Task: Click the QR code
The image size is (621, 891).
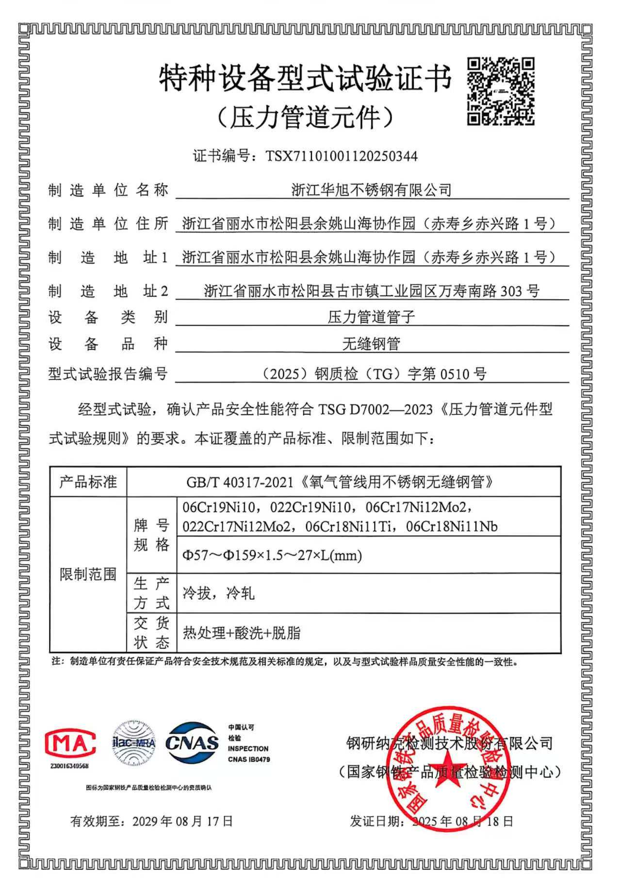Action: (x=501, y=91)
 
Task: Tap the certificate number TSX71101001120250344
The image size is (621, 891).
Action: (x=341, y=156)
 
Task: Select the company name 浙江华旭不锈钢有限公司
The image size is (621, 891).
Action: (x=371, y=190)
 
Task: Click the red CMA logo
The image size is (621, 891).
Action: (x=70, y=743)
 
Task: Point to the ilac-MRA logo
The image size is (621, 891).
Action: (x=134, y=742)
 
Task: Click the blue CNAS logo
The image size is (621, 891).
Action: (x=192, y=742)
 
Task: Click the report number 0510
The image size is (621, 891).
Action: (x=455, y=374)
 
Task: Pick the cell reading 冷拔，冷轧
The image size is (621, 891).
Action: (x=218, y=593)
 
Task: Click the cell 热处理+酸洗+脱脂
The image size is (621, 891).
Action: (x=242, y=633)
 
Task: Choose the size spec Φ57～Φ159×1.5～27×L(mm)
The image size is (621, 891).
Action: (x=272, y=555)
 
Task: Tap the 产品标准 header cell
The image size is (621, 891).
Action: (x=88, y=482)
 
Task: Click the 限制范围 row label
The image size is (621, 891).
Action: (x=88, y=574)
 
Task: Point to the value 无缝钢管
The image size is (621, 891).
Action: (x=371, y=344)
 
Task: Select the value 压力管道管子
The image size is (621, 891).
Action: (x=371, y=318)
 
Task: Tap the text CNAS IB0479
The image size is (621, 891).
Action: (x=249, y=759)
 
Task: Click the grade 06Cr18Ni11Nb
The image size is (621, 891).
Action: (x=451, y=526)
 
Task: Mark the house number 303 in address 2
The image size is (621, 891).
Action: (x=510, y=291)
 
